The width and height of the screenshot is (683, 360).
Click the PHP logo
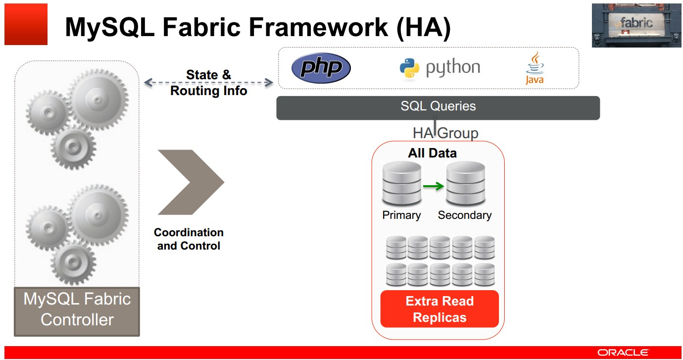321,68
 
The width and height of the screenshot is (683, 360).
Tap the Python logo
439,68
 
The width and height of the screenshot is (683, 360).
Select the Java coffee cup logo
535,67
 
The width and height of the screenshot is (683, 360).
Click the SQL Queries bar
438,107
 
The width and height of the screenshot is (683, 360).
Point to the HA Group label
445,133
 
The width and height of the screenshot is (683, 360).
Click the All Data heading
432,154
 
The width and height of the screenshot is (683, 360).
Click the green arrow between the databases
434,186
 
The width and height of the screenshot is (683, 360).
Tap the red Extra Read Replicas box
439,309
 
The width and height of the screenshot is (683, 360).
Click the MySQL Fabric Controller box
77,310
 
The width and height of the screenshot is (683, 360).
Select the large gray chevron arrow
191,182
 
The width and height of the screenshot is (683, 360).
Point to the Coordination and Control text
189,239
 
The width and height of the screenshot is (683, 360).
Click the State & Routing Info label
208,83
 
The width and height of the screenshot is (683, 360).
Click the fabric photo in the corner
636,25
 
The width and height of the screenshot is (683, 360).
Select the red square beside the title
26,24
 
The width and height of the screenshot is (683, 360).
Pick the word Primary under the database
401,215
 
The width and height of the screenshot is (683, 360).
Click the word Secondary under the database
465,215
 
